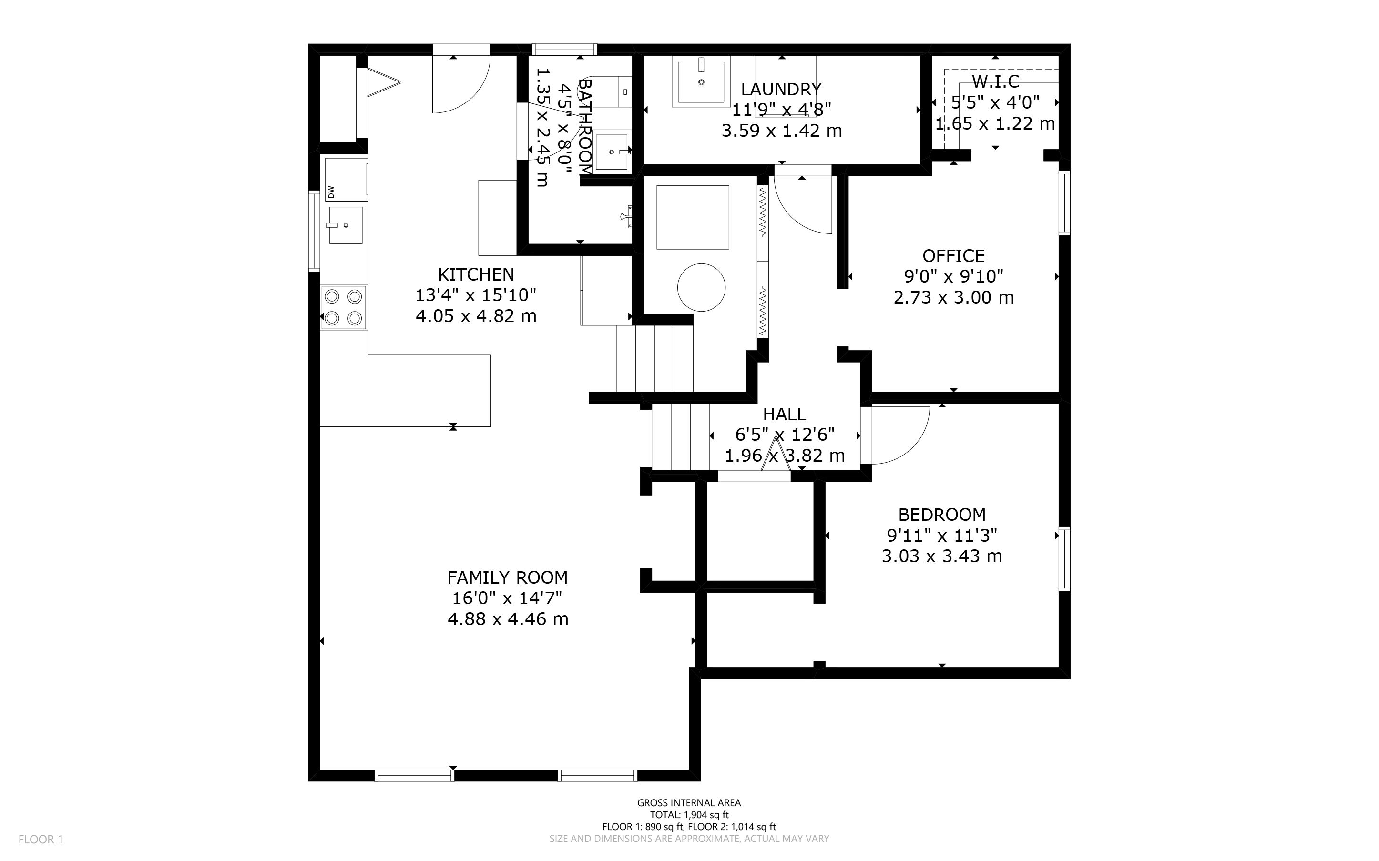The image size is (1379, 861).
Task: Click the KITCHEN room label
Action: point(476,274)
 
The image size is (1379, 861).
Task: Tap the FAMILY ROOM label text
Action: point(508,577)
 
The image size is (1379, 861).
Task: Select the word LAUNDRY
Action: point(781,90)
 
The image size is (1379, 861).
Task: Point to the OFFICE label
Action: point(953,256)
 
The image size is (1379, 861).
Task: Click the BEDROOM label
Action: point(942,515)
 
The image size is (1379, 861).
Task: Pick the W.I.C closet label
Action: point(996,82)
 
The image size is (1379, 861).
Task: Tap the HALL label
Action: point(784,414)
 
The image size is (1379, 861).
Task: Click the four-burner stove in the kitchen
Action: point(344,307)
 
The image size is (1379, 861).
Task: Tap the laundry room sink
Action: point(701,82)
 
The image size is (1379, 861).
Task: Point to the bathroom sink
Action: point(611,152)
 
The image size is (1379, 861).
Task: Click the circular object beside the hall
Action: point(701,288)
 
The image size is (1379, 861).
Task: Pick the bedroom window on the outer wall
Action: point(1064,559)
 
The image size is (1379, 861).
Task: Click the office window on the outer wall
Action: point(1064,203)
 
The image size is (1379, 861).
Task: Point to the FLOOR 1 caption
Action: point(41,840)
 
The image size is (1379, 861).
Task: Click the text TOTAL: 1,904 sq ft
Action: point(689,815)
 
